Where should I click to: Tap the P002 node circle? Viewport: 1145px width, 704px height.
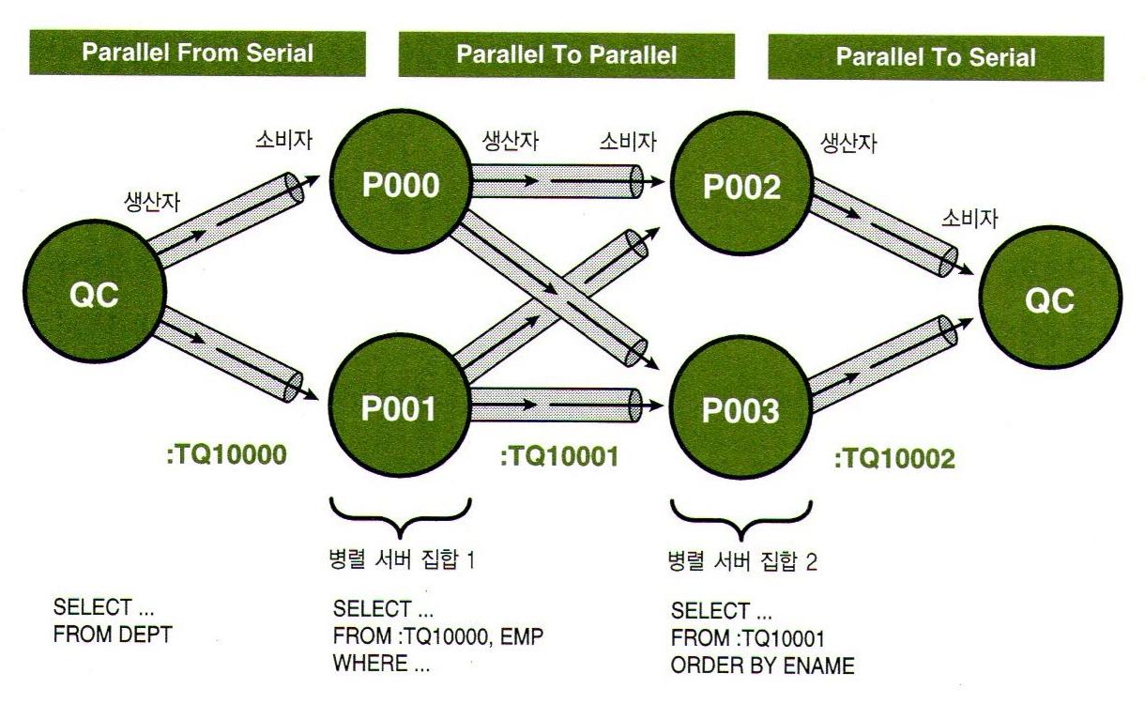pos(741,188)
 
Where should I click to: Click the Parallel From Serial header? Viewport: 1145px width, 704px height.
pos(197,53)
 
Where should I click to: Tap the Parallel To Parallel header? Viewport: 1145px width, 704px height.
pos(566,54)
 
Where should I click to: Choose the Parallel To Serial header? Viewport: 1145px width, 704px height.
pos(936,56)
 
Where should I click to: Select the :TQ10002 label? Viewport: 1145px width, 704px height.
pos(894,459)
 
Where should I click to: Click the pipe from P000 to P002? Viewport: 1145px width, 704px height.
pos(554,178)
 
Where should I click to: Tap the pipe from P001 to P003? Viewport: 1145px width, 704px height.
pos(554,404)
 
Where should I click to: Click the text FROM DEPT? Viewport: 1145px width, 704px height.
pos(114,635)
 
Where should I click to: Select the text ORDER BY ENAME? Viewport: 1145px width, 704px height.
pos(762,666)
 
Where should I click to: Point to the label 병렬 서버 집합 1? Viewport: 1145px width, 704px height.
pos(400,562)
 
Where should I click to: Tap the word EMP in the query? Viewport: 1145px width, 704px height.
pos(525,636)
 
